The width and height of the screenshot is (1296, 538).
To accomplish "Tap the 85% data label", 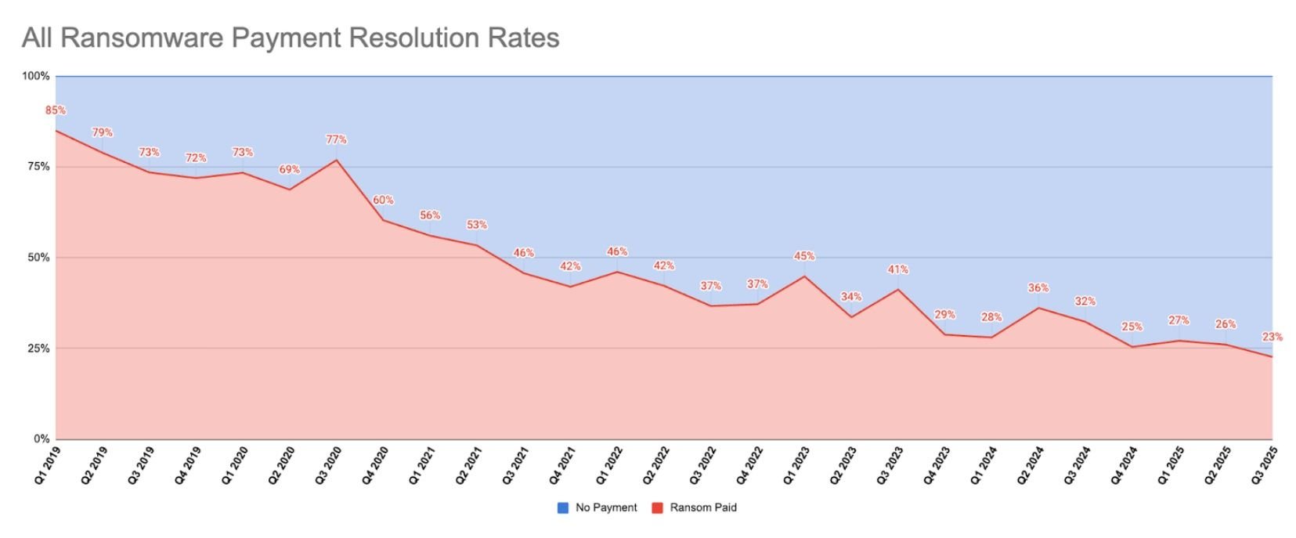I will tap(56, 110).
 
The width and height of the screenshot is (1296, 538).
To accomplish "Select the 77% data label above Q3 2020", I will tap(337, 139).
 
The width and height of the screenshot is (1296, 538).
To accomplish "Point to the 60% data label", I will tap(383, 200).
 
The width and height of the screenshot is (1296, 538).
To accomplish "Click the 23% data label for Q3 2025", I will tap(1272, 337).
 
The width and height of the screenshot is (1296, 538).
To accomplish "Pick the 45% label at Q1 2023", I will tap(804, 256).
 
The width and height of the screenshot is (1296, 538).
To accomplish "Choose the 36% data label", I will tap(1038, 287).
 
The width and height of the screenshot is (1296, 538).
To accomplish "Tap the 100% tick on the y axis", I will tap(36, 76).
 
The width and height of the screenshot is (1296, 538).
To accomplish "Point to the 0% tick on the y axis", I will tap(42, 439).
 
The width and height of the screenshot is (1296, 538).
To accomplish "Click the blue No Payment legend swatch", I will tap(562, 507).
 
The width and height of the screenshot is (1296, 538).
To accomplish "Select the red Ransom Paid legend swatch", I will tap(656, 507).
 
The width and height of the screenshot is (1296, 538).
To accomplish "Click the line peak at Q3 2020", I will tap(337, 161).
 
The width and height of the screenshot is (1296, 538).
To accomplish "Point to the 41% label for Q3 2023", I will tap(898, 269).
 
